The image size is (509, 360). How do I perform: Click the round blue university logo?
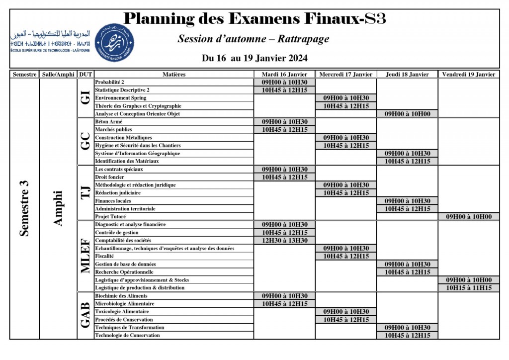click(x=114, y=42)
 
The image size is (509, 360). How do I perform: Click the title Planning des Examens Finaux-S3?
click(x=254, y=19)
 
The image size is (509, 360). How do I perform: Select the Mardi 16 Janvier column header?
click(x=284, y=75)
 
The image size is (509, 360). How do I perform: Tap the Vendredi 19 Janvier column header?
click(x=469, y=75)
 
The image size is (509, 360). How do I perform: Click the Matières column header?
click(x=174, y=75)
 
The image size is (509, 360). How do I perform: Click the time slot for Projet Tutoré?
click(x=469, y=217)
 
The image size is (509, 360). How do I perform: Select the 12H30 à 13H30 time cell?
click(x=284, y=241)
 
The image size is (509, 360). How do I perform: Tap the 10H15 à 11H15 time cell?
click(x=469, y=288)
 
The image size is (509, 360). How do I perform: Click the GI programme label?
click(x=85, y=98)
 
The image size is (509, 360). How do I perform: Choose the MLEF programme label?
click(x=85, y=256)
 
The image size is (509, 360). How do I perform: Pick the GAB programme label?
click(x=85, y=316)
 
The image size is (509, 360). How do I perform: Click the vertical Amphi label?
click(x=58, y=208)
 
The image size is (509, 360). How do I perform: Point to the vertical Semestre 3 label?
click(x=24, y=208)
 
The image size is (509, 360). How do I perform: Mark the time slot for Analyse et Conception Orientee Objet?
click(x=407, y=114)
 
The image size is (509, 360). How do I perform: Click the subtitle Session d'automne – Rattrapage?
click(x=254, y=39)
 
